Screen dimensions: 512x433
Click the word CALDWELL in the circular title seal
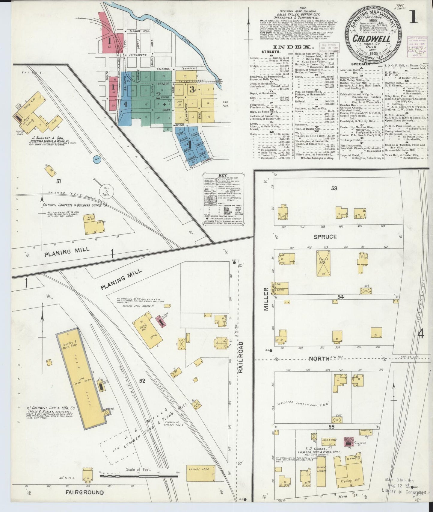(x=371, y=39)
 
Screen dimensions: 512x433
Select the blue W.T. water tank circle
(x=97, y=160)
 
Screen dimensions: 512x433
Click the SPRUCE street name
(x=325, y=237)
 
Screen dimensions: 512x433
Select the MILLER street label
(x=265, y=299)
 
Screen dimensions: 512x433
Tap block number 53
(x=334, y=188)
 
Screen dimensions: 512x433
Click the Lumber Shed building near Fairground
(x=201, y=478)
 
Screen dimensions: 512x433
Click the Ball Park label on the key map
(x=225, y=104)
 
